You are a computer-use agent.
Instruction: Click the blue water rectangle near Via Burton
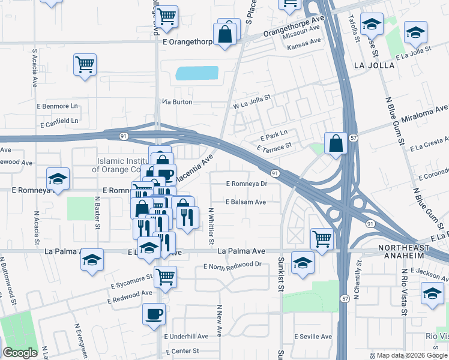tap(197, 73)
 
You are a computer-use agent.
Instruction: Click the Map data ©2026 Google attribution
tap(412, 355)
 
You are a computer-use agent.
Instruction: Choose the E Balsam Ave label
tap(246, 202)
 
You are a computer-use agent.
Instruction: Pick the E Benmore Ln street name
tap(58, 106)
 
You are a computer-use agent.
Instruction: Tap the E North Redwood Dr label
tap(233, 265)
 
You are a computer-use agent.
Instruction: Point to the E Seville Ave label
tap(313, 337)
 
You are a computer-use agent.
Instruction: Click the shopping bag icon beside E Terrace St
tap(336, 143)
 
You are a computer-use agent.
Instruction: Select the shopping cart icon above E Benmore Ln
tap(85, 64)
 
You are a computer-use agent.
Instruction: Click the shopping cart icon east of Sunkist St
tap(322, 239)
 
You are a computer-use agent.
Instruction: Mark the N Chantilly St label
tap(360, 275)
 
